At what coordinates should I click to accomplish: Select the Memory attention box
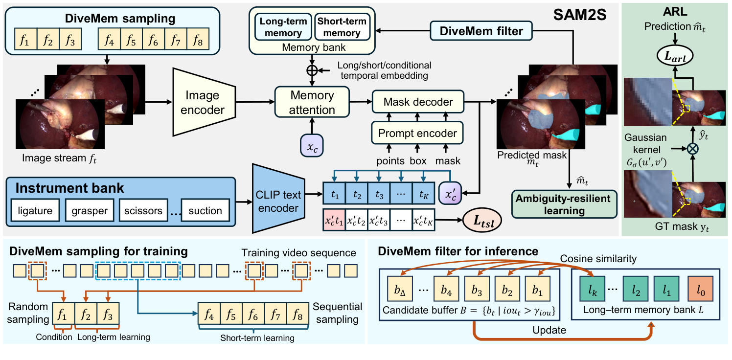[312, 102]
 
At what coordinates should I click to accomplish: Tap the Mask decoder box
[417, 102]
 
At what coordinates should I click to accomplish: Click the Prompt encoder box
[417, 133]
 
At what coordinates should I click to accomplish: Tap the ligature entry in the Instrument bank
[35, 211]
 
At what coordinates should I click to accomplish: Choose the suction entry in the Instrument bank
[205, 211]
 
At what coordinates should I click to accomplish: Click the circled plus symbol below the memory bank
[312, 69]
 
